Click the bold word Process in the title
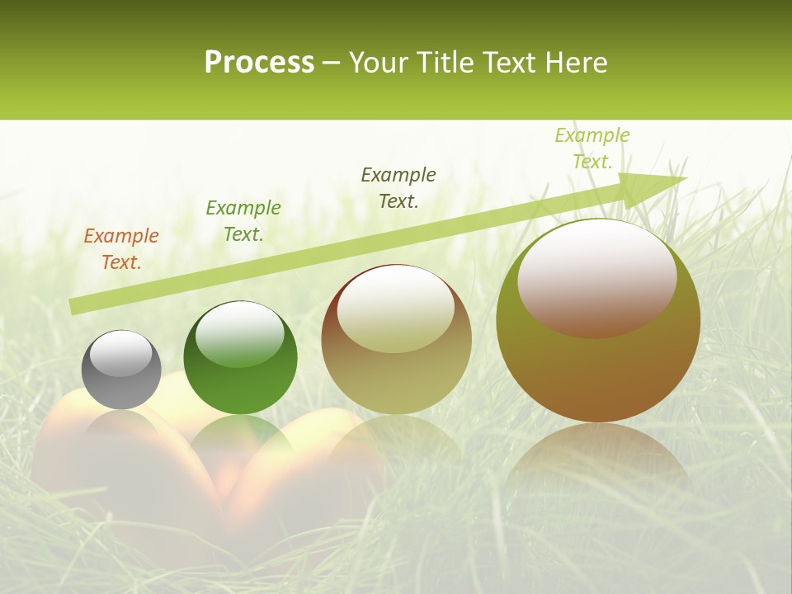pyautogui.click(x=259, y=63)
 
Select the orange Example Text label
pyautogui.click(x=121, y=249)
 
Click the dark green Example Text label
pyautogui.click(x=243, y=221)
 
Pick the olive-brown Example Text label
pyautogui.click(x=398, y=188)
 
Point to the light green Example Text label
pyautogui.click(x=592, y=148)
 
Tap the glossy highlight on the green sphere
pyautogui.click(x=240, y=334)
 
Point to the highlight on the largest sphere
pyautogui.click(x=596, y=279)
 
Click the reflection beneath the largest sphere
pyautogui.click(x=598, y=462)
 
